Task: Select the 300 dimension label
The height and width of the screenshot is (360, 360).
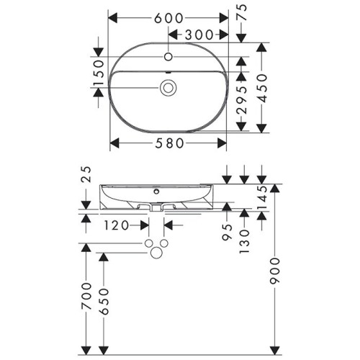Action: click(x=199, y=34)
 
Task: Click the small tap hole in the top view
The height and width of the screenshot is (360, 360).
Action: click(x=168, y=55)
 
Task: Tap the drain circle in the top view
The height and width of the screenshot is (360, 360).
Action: click(x=168, y=88)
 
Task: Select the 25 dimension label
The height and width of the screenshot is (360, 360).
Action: click(x=86, y=174)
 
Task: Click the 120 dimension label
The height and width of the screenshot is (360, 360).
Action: click(x=116, y=225)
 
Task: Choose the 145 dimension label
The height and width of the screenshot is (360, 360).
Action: click(x=262, y=197)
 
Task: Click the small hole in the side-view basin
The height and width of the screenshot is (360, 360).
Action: click(x=158, y=193)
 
